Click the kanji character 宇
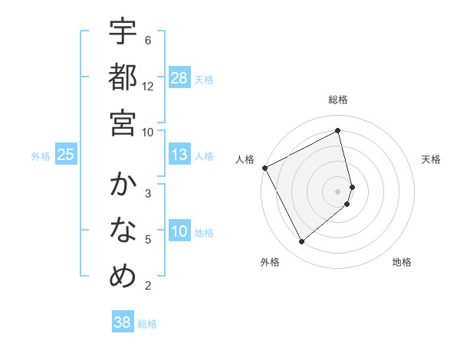tap(123, 33)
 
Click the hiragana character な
tap(123, 231)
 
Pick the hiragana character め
tap(123, 276)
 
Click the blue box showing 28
tap(179, 78)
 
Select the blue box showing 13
tap(179, 155)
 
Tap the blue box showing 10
tap(179, 231)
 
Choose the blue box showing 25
tap(66, 155)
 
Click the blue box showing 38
tap(123, 322)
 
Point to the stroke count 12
tap(148, 87)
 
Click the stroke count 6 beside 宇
tap(148, 41)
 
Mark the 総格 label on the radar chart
tap(338, 100)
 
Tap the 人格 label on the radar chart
tap(246, 159)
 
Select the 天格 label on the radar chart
tap(432, 159)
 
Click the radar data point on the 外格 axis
tap(301, 242)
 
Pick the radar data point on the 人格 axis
tap(264, 167)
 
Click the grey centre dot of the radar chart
tap(338, 191)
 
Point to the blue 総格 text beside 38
tap(147, 324)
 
